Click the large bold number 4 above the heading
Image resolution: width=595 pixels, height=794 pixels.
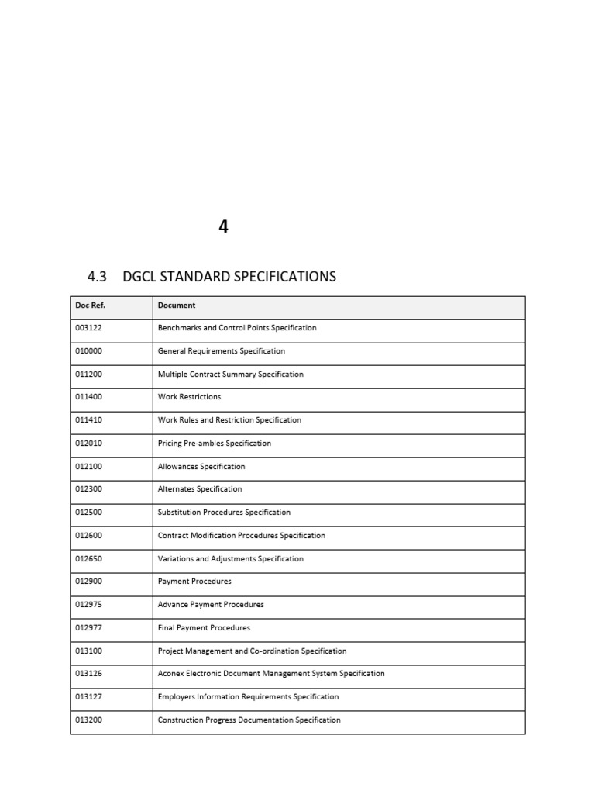tap(223, 227)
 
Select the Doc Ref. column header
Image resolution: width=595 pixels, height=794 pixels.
tap(90, 306)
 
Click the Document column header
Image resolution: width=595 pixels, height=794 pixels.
tap(177, 306)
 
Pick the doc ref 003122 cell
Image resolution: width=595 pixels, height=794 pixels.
tap(88, 328)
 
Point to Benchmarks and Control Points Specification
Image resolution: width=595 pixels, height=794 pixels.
tap(237, 328)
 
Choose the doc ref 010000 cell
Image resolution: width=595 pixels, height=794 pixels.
tap(88, 351)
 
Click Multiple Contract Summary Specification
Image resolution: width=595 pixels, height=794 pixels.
tap(230, 375)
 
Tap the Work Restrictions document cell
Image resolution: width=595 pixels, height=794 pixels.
tap(189, 397)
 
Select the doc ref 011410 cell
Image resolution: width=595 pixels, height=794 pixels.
tap(88, 420)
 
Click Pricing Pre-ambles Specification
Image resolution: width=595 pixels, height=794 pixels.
tap(215, 444)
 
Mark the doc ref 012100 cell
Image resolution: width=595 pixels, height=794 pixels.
tap(88, 467)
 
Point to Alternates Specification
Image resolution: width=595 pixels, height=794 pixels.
tap(200, 489)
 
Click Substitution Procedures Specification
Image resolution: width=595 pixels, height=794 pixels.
tap(224, 513)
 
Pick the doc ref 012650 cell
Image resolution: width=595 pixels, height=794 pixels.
tap(88, 559)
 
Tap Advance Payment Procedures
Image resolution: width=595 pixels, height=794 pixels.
tap(211, 605)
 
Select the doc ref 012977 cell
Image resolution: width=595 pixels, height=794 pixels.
tap(88, 628)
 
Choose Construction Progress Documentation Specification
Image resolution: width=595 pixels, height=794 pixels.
tap(249, 720)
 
